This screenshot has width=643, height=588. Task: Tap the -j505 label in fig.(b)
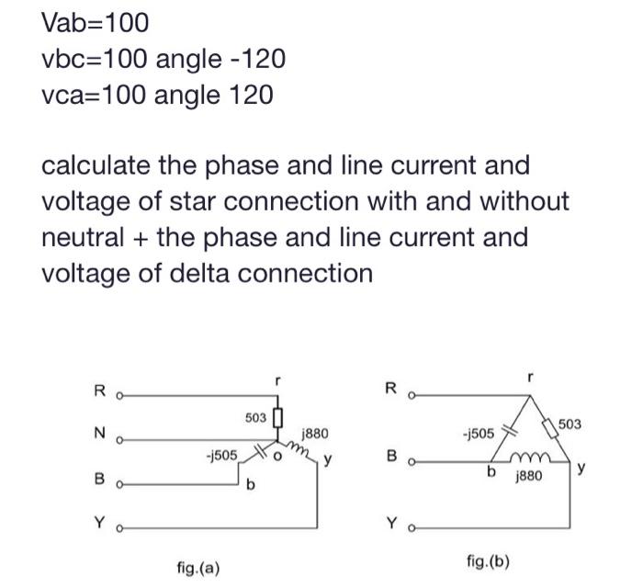(x=479, y=432)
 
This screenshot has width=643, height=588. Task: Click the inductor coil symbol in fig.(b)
(x=533, y=457)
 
